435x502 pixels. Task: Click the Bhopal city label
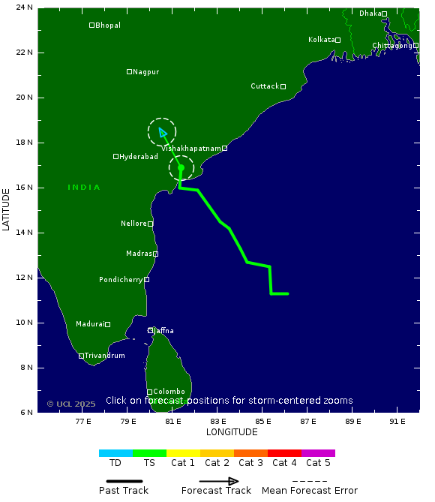tap(108, 26)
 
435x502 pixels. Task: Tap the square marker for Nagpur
tap(129, 72)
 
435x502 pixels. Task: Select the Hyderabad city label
tap(139, 157)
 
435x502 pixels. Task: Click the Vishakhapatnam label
tap(190, 149)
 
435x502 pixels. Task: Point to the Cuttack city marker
tap(283, 86)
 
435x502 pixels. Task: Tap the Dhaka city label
tap(370, 14)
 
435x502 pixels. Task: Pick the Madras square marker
tap(155, 254)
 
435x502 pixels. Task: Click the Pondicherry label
tap(121, 280)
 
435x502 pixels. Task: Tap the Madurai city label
tap(89, 324)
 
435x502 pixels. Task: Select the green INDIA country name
tap(84, 188)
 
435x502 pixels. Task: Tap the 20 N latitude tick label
tap(25, 98)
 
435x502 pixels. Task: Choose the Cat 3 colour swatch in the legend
tap(250, 453)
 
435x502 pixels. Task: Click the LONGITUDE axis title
tap(232, 432)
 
